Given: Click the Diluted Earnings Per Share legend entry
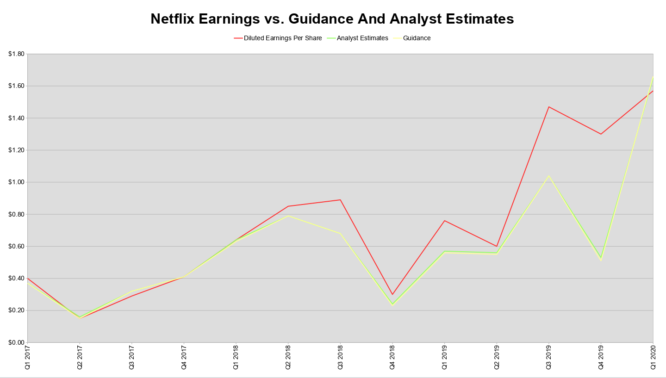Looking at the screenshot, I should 282,38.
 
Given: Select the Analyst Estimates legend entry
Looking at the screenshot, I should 362,38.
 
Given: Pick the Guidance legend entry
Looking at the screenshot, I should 417,38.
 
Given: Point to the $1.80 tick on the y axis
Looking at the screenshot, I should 16,54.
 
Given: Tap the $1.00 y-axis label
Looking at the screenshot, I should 16,182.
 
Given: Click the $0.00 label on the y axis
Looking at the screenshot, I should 16,342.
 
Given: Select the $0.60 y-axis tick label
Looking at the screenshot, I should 16,246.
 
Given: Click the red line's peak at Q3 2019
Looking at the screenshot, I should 549,107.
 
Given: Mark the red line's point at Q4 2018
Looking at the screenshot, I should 392,294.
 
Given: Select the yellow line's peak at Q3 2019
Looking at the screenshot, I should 549,176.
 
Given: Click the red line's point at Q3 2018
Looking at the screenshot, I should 340,200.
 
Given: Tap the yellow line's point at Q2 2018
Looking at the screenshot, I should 288,216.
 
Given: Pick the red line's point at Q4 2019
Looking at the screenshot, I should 601,134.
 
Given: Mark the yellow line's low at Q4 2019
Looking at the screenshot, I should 601,260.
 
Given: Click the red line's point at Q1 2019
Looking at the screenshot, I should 444,221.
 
